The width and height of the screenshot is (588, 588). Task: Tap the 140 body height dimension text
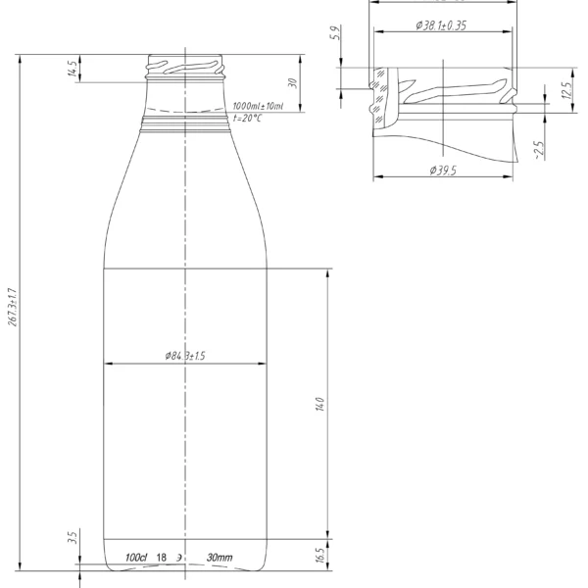[x=319, y=405]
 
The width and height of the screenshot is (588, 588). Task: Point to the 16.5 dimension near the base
[x=319, y=556]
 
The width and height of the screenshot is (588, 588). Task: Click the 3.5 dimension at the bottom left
[x=72, y=538]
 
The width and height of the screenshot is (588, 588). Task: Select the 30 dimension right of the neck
[x=292, y=82]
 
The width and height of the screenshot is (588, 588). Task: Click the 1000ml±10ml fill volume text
[x=258, y=106]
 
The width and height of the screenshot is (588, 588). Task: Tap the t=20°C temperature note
[x=248, y=118]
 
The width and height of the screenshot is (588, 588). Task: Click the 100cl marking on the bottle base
[x=136, y=558]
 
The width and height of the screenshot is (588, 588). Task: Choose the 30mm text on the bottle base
[x=220, y=558]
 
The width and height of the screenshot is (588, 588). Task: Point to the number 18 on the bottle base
[x=162, y=558]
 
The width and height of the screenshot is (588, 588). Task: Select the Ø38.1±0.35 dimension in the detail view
[x=440, y=24]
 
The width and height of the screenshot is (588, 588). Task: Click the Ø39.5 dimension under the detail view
[x=444, y=170]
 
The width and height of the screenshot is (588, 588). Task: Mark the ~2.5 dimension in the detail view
[x=538, y=150]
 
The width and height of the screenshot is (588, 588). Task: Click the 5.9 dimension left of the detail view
[x=336, y=35]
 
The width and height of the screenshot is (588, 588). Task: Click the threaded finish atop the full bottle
[x=185, y=67]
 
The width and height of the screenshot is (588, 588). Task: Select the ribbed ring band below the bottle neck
[x=185, y=123]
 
